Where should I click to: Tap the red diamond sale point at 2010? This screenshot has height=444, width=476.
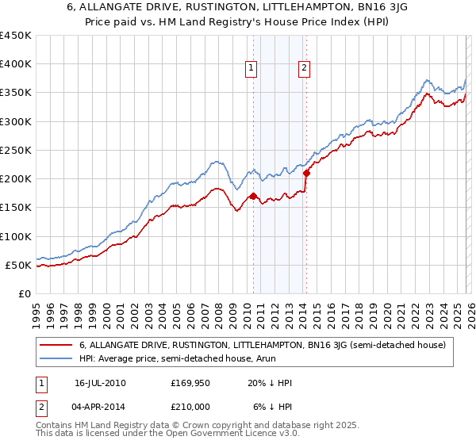tap(253, 196)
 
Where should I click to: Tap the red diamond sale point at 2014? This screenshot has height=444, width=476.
tap(305, 173)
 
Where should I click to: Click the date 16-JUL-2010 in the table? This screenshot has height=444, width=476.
tap(100, 382)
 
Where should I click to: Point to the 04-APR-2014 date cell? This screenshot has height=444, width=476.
tap(100, 408)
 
